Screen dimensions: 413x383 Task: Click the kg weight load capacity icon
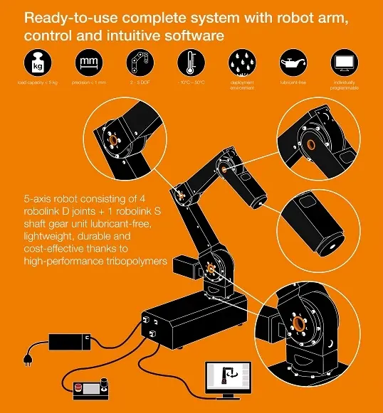pyautogui.click(x=36, y=62)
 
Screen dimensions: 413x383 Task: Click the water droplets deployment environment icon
pyautogui.click(x=242, y=62)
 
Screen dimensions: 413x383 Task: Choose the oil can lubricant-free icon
pyautogui.click(x=292, y=62)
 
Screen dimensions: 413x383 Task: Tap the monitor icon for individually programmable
pyautogui.click(x=343, y=62)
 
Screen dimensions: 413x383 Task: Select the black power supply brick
pyautogui.click(x=68, y=340)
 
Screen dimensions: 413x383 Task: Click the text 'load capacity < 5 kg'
pyautogui.click(x=36, y=83)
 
